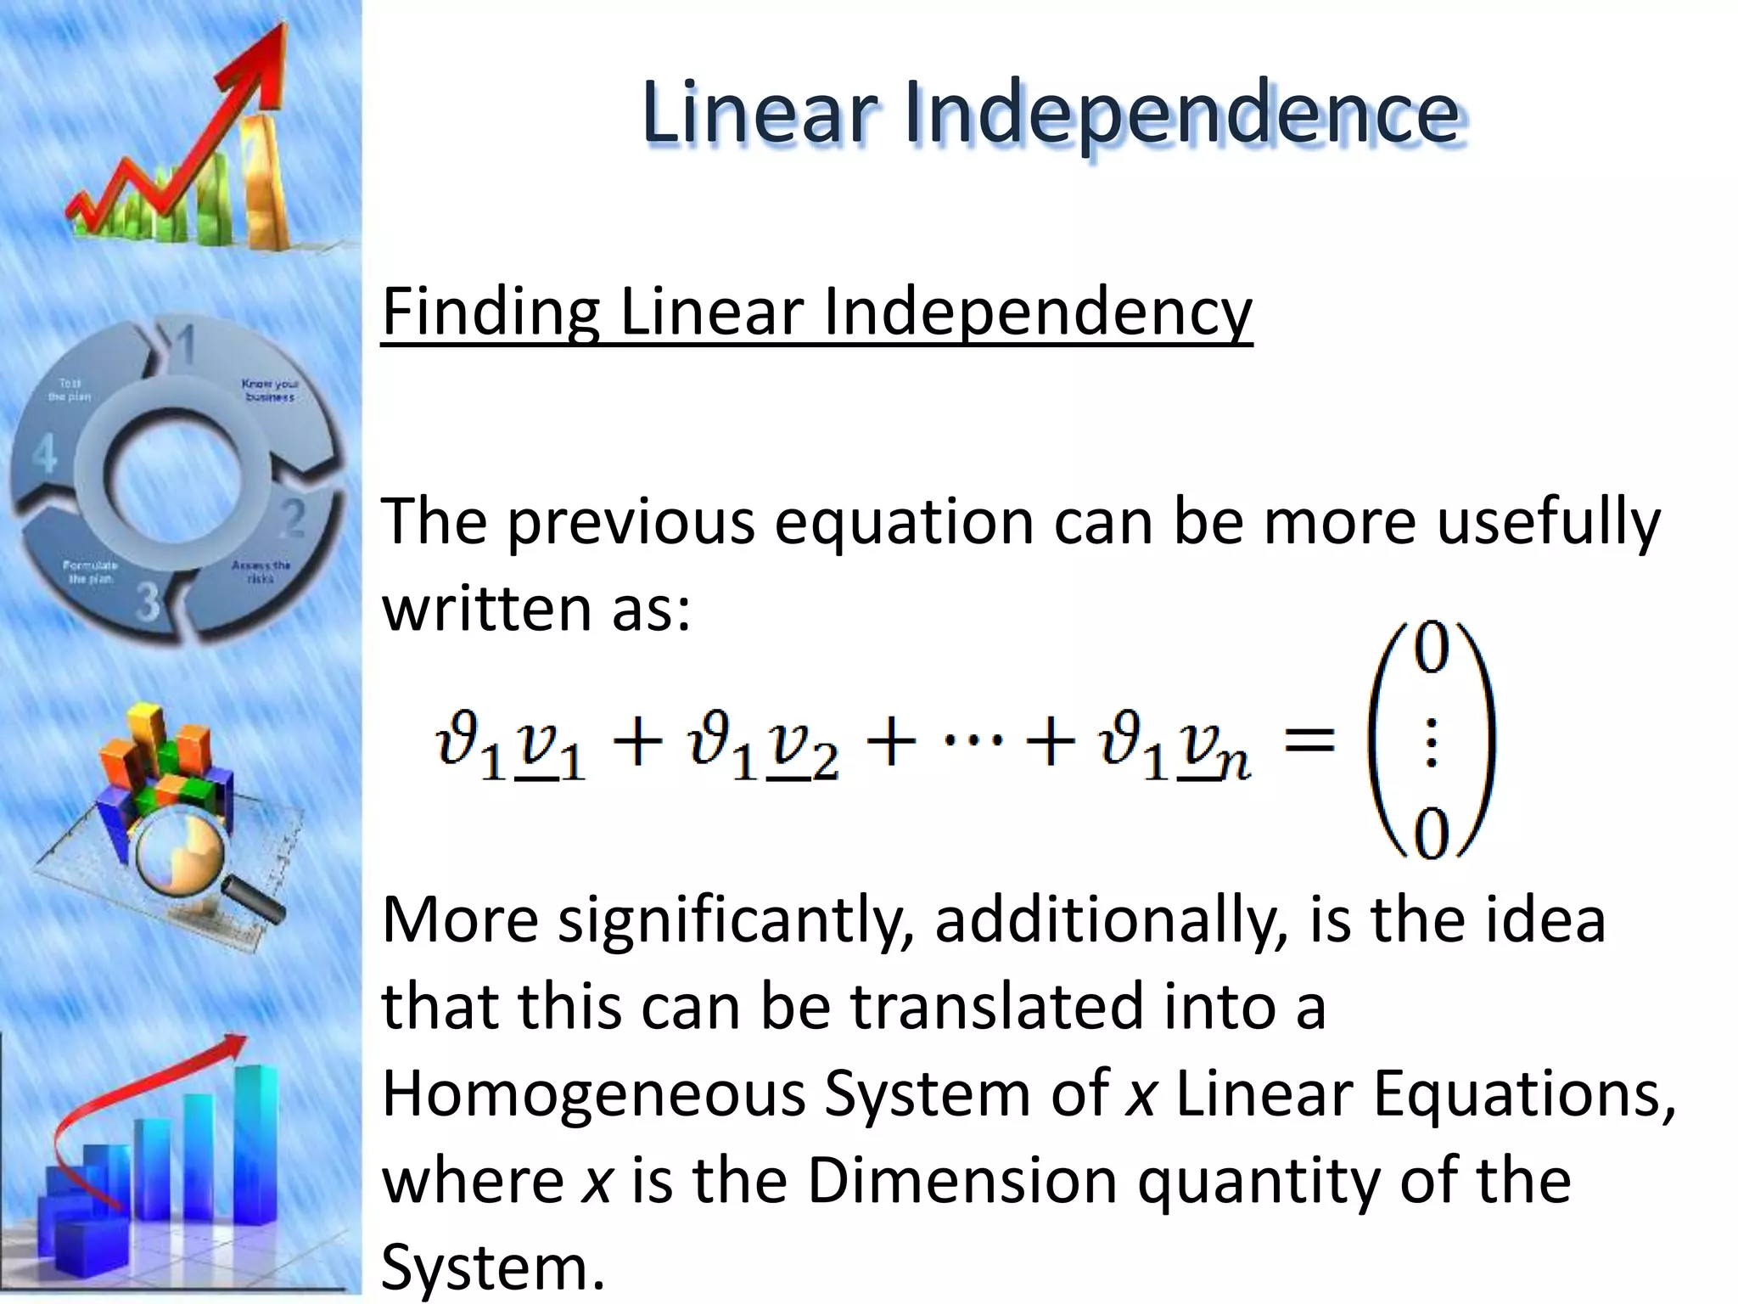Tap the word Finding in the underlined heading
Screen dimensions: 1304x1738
[491, 312]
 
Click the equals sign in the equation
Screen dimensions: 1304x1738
[1309, 740]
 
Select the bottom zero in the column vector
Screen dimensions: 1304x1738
[1431, 834]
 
